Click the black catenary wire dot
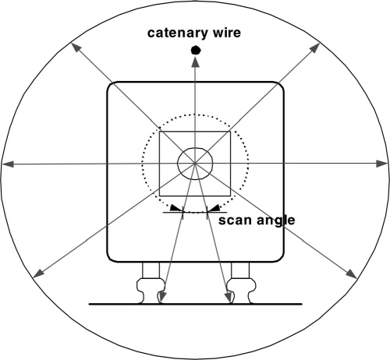coord(196,50)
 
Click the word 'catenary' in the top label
coord(178,34)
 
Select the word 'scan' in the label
coord(236,221)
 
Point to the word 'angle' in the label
coord(276,221)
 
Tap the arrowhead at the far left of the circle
coord(8,164)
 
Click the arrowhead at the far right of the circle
coord(382,164)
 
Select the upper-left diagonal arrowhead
coord(76,48)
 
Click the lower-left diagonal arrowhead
coord(39,274)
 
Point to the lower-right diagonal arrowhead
coord(352,274)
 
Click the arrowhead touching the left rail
coord(162,296)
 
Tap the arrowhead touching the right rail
coord(229,296)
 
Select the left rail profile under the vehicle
coord(151,291)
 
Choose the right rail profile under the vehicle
coord(241,291)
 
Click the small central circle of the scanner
coord(195,148)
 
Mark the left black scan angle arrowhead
coord(176,208)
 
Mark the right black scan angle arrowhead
coord(214,208)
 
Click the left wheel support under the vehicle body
coord(151,270)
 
